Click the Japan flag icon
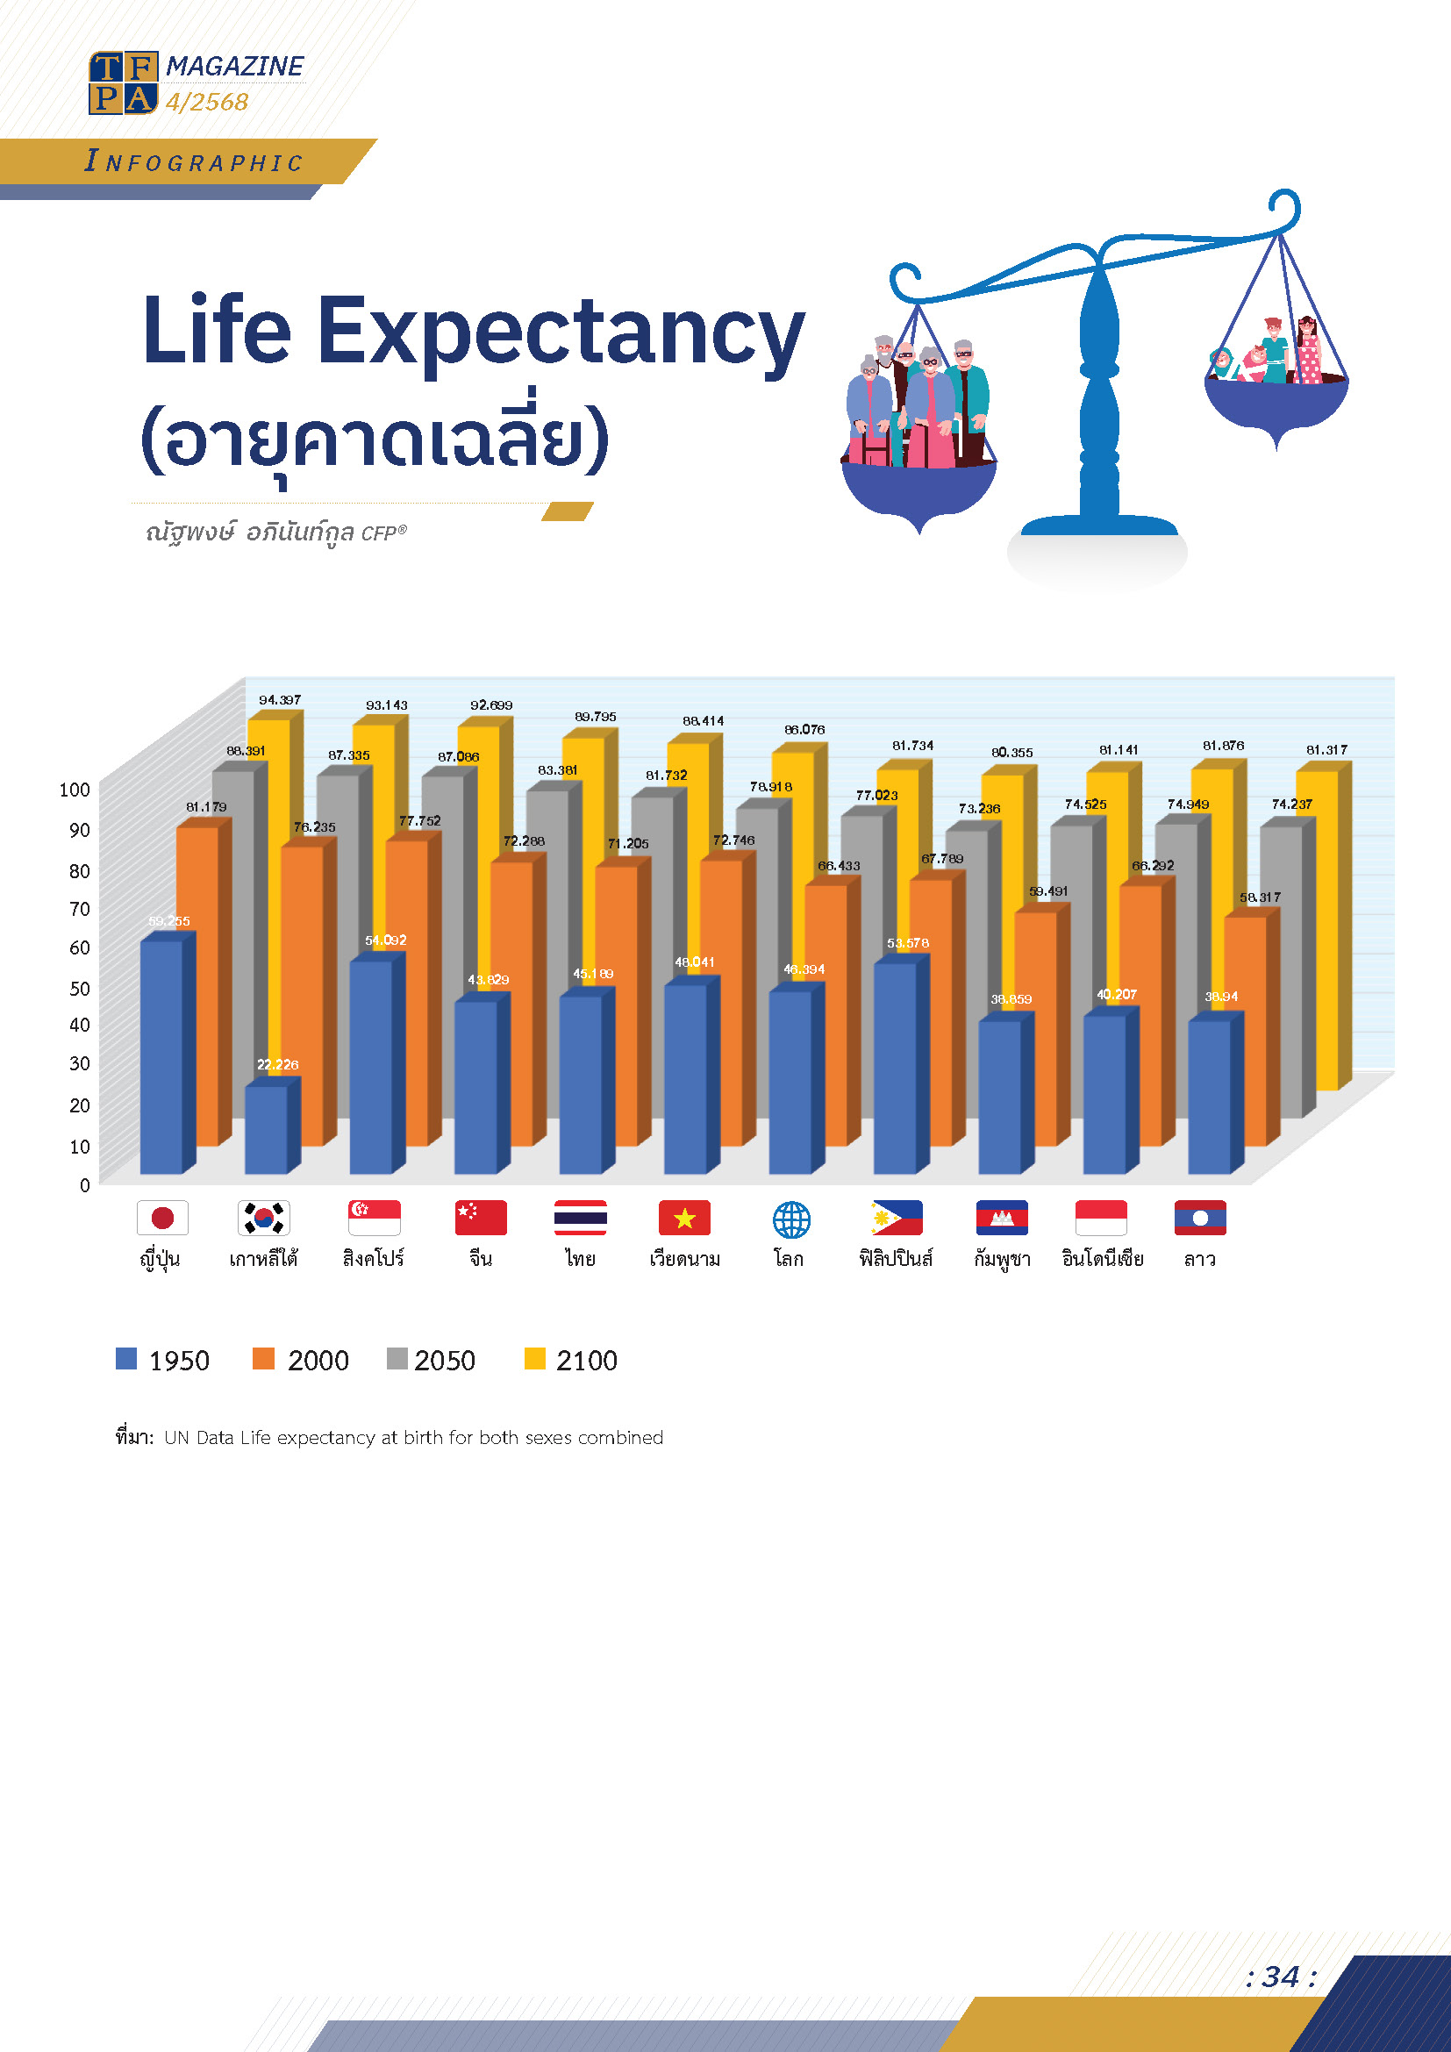161,1218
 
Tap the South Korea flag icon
263,1218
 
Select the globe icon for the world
790,1219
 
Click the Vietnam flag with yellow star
684,1218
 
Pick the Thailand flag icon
580,1218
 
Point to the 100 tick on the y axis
75,790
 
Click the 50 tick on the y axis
80,989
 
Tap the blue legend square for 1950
126,1358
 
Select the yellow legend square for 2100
534,1358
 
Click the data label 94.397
280,700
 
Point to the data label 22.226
278,1064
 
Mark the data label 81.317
1326,750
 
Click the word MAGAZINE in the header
234,66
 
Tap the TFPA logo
124,83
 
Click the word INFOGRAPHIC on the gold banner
195,161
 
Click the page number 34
1280,1976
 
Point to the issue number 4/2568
206,102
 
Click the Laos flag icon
1200,1218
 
